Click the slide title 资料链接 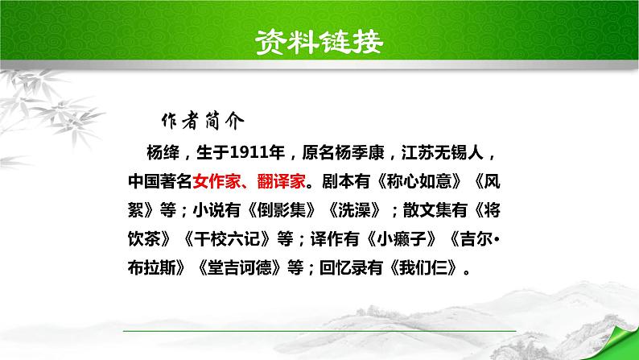319,39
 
